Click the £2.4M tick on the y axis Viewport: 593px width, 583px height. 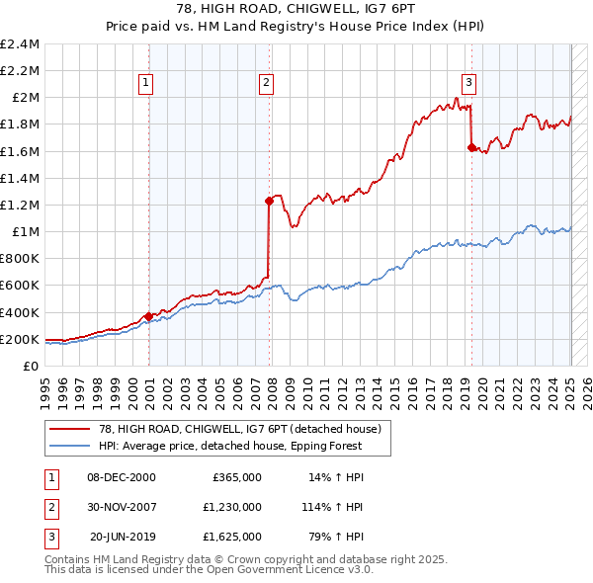[21, 44]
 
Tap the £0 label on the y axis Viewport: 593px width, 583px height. [33, 366]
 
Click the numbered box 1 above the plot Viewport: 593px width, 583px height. [146, 83]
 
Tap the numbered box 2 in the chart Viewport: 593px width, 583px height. [267, 83]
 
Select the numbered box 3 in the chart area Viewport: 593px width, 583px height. [468, 83]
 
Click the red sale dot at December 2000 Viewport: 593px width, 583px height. [148, 316]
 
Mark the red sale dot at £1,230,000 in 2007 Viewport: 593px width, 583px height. [269, 201]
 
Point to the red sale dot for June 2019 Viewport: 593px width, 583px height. [471, 147]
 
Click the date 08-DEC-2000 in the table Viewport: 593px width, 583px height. [122, 476]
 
